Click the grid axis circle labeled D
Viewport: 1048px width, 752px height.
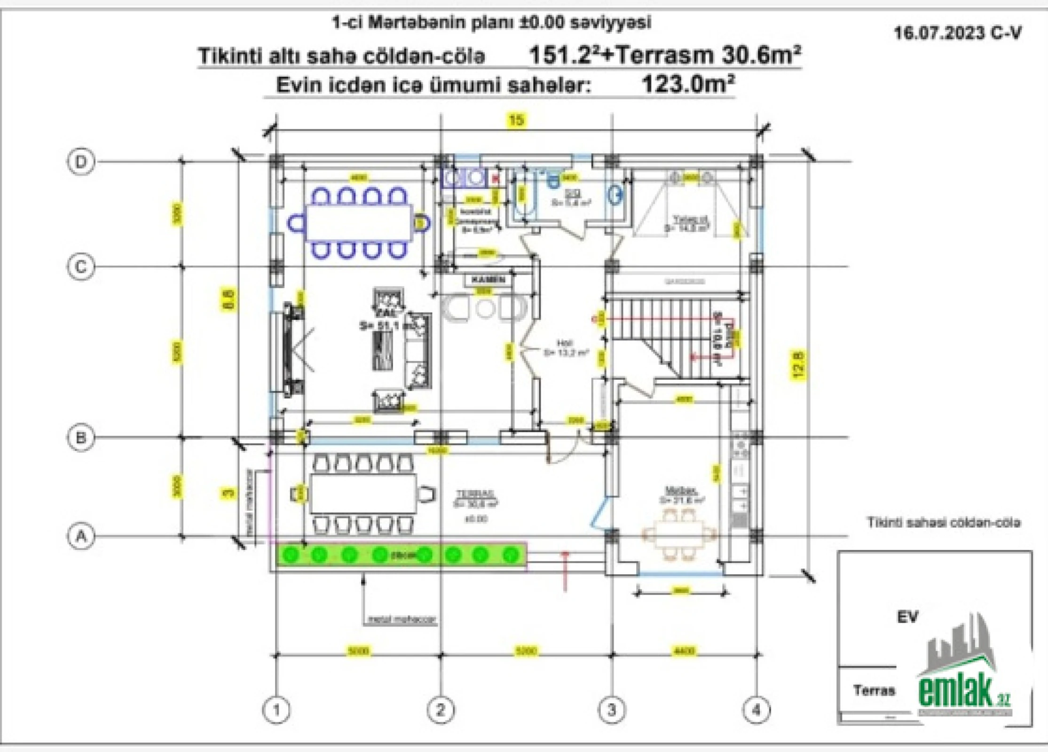(x=81, y=162)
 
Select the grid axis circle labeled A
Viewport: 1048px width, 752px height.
(x=81, y=536)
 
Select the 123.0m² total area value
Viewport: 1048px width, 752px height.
(x=687, y=85)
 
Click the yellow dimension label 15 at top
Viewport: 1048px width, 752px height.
(x=516, y=120)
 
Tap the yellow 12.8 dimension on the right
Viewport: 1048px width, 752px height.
(x=799, y=365)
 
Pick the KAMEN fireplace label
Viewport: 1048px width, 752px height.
(x=488, y=280)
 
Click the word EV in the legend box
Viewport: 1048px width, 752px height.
(x=907, y=617)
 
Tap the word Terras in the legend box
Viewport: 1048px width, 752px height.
(x=874, y=690)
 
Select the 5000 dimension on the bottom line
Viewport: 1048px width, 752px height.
(x=359, y=651)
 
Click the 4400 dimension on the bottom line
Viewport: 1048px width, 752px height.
(x=685, y=651)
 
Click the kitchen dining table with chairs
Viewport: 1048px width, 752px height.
(x=680, y=534)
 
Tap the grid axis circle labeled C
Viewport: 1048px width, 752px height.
(x=81, y=267)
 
